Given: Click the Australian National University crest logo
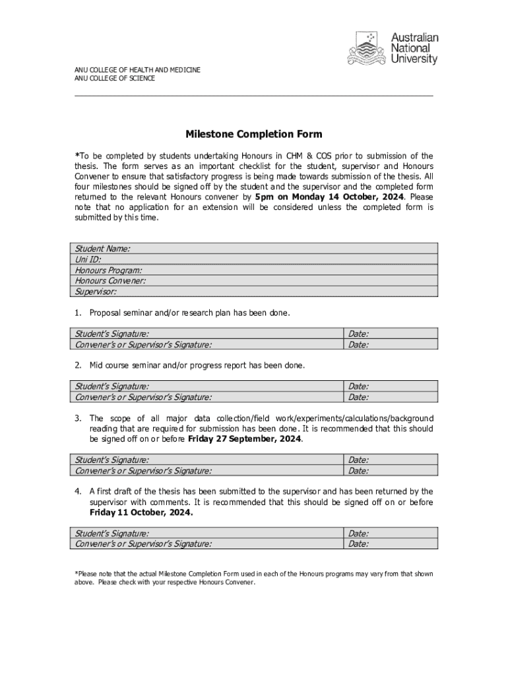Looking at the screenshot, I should tap(367, 50).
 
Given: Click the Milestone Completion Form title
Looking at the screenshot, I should tap(253, 135).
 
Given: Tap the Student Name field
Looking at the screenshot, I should tap(253, 248).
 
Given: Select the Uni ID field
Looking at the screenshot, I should tap(253, 259).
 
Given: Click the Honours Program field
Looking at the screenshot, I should tap(253, 270).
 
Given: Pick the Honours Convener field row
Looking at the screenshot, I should tap(253, 281).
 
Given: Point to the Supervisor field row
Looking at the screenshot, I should tap(253, 291).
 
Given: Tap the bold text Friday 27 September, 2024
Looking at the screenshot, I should tap(245, 438).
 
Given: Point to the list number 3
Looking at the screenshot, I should tap(78, 418).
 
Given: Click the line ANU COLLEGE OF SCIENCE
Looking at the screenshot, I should tap(115, 79).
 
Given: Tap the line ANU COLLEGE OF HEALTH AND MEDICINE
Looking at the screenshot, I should tap(137, 69).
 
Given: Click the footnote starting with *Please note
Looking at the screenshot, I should tap(253, 578).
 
